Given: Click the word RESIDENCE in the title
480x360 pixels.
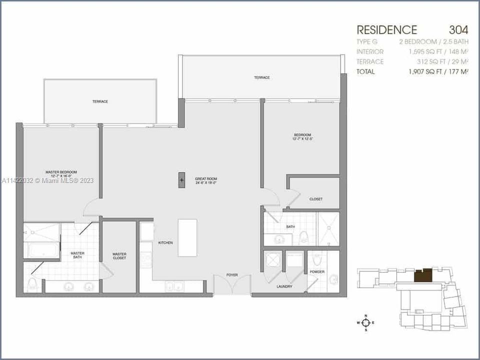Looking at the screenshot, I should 386,29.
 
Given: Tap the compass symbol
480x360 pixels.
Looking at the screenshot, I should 366,323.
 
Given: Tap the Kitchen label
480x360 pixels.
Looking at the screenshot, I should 165,242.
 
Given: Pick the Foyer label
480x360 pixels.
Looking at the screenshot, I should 231,274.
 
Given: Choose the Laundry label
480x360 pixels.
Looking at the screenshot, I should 284,286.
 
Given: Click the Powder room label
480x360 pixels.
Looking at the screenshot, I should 317,271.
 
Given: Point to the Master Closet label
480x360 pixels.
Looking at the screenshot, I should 119,255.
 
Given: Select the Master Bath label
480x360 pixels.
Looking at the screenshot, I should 77,255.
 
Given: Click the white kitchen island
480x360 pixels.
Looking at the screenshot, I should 187,237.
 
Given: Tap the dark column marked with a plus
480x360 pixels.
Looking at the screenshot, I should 181,180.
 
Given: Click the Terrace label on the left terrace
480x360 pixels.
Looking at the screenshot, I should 100,101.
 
